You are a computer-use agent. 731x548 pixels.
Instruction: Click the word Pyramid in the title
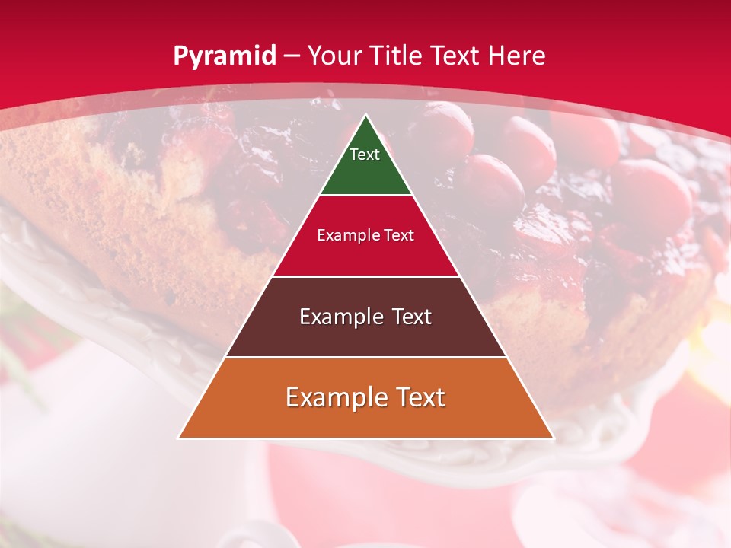pyautogui.click(x=225, y=56)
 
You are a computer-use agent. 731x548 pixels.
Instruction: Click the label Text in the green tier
pyautogui.click(x=365, y=155)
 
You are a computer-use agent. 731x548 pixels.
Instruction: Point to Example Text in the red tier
pyautogui.click(x=365, y=235)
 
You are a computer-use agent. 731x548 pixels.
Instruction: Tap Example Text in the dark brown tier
pyautogui.click(x=365, y=317)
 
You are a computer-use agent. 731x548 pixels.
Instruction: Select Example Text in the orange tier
pyautogui.click(x=365, y=397)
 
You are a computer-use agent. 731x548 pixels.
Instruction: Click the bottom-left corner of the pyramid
pyautogui.click(x=180, y=438)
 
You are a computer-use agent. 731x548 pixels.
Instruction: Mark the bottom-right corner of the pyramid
pyautogui.click(x=553, y=438)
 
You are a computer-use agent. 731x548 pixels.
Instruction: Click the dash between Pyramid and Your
pyautogui.click(x=292, y=56)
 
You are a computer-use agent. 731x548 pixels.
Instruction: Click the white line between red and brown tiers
pyautogui.click(x=366, y=276)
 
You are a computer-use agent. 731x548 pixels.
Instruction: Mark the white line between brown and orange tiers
pyautogui.click(x=366, y=357)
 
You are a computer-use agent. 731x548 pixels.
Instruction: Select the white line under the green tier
pyautogui.click(x=366, y=196)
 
